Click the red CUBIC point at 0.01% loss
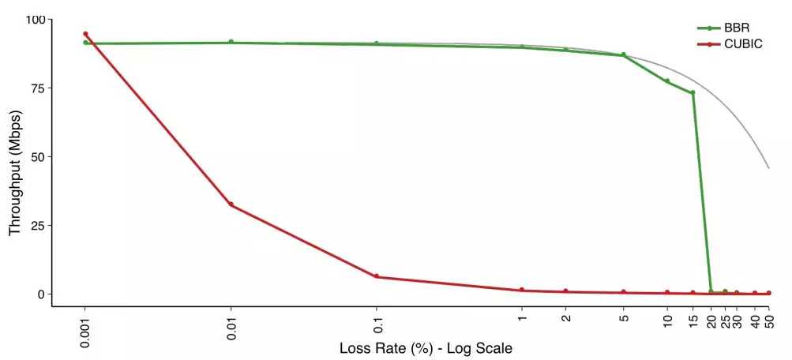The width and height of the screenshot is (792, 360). pyautogui.click(x=231, y=204)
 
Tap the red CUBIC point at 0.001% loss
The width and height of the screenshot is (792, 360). pyautogui.click(x=85, y=34)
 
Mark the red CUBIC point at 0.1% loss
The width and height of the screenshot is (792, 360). pyautogui.click(x=377, y=276)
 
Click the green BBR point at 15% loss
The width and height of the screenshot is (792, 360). pyautogui.click(x=693, y=93)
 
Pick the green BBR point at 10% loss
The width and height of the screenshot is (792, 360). pyautogui.click(x=667, y=81)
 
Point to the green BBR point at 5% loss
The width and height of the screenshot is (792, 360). pyautogui.click(x=624, y=55)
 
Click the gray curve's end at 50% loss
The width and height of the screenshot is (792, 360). pyautogui.click(x=769, y=167)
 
